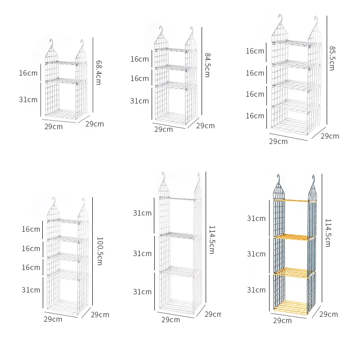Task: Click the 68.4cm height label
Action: [98, 72]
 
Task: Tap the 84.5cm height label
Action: [207, 65]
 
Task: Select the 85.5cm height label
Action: [332, 58]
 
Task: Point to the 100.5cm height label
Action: [100, 251]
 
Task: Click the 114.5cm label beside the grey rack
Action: [328, 233]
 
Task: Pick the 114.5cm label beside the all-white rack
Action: [211, 240]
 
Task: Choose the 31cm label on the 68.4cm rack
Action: [28, 99]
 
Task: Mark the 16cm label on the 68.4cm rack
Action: [28, 73]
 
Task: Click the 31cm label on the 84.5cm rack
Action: [139, 101]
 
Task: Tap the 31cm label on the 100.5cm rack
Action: [31, 290]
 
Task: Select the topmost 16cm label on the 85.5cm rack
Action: [255, 51]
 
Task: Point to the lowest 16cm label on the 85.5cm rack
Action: [255, 116]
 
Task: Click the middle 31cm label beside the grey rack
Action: [256, 254]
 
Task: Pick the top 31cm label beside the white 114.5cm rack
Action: [142, 213]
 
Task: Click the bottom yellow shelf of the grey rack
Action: [291, 306]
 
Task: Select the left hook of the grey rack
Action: [279, 179]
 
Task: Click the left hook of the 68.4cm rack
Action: [51, 43]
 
